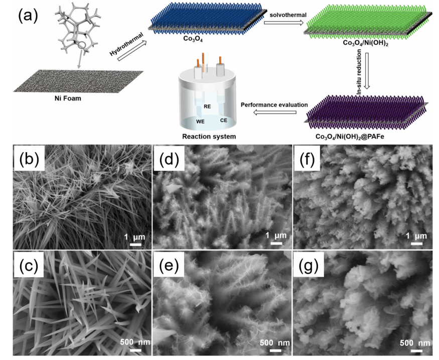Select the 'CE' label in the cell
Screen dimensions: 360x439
223,121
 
